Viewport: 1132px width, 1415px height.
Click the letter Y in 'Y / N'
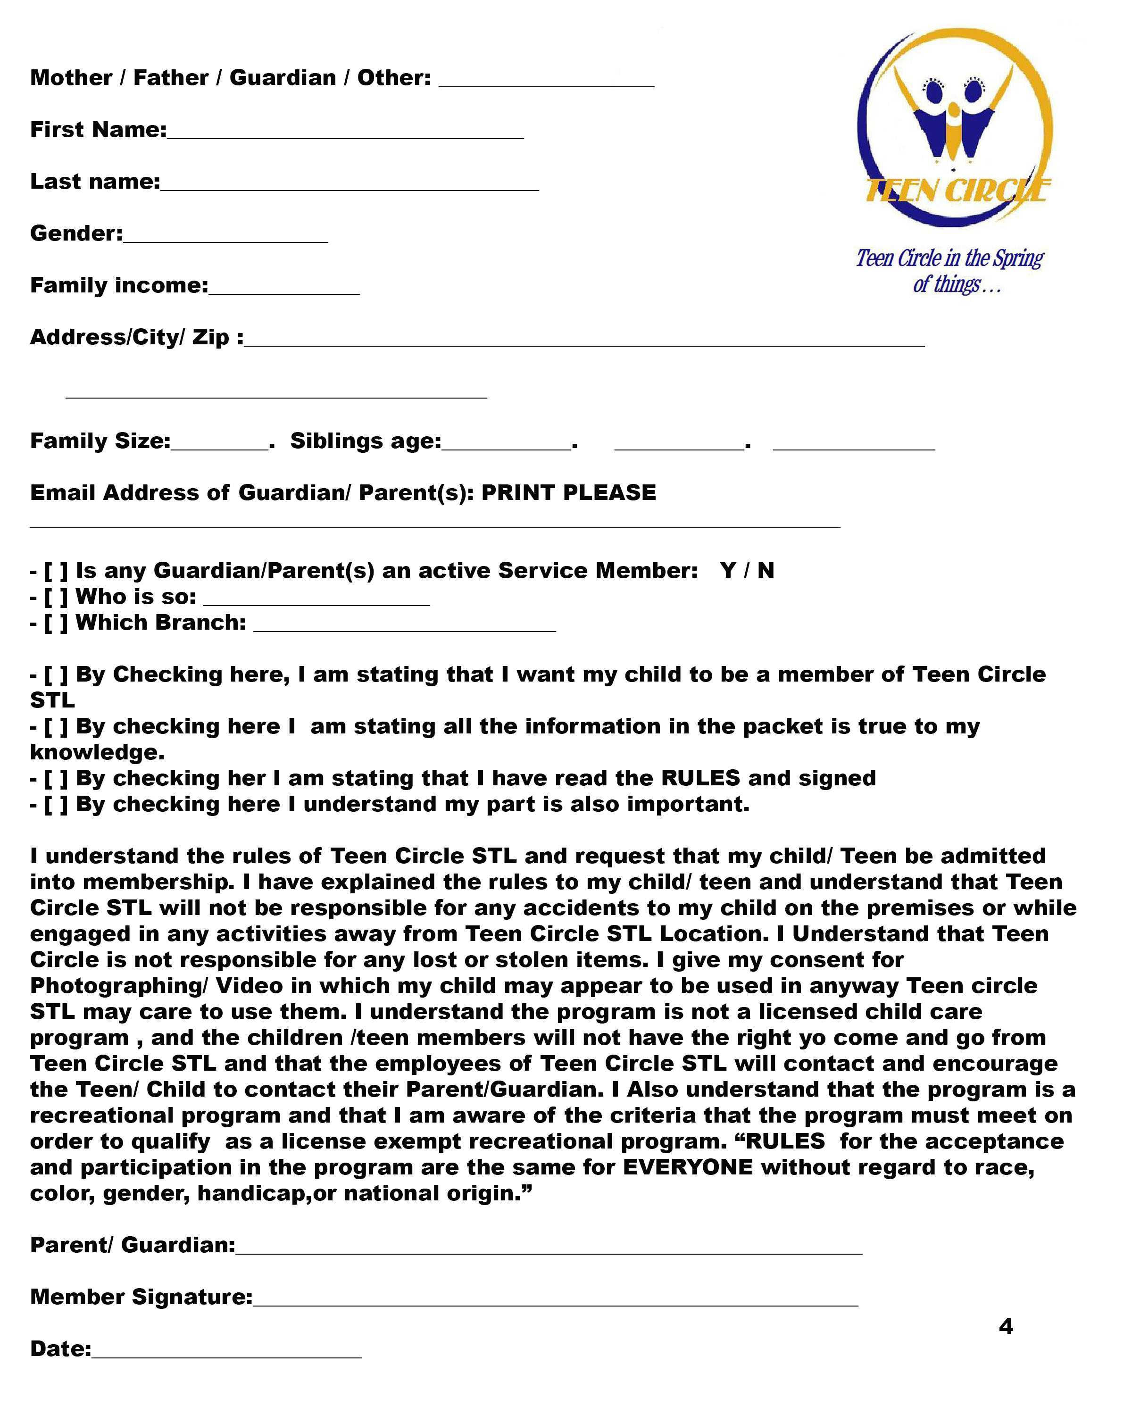point(727,570)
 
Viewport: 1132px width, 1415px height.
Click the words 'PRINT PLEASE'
point(568,492)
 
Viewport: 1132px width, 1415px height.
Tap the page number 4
point(1005,1326)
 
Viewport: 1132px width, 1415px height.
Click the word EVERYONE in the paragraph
point(688,1167)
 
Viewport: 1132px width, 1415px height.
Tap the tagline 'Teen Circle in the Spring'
point(949,258)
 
